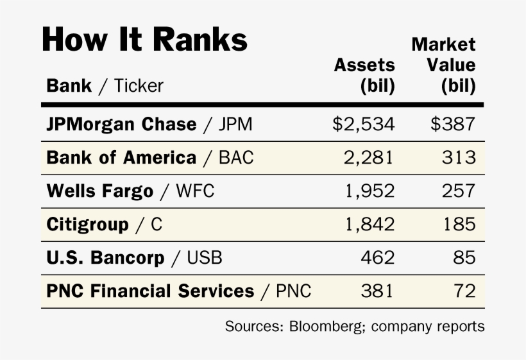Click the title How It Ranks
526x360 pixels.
(144, 40)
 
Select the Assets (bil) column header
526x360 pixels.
(364, 75)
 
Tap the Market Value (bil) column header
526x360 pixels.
(443, 65)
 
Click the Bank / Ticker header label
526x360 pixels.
(105, 85)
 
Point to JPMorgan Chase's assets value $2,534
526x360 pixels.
(363, 124)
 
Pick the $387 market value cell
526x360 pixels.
(453, 124)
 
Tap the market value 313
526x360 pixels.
(459, 157)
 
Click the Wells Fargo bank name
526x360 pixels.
(100, 191)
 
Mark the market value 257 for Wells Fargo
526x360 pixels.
(459, 191)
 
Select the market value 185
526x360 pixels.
(459, 224)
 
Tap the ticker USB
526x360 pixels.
(205, 257)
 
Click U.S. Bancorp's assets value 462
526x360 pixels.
(378, 257)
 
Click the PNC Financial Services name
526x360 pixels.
(150, 291)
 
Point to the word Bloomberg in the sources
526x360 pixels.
(321, 326)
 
